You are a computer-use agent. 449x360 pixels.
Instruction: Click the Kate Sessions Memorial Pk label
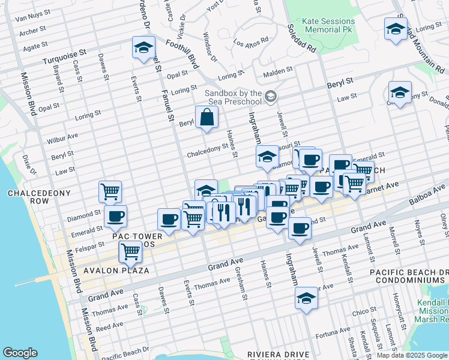coord(328,25)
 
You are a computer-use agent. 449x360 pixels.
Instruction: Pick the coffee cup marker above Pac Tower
coord(115,217)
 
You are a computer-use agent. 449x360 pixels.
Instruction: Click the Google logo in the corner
coord(20,353)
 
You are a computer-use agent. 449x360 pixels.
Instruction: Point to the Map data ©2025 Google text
coord(412,355)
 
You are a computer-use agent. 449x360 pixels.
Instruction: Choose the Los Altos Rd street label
coord(251,44)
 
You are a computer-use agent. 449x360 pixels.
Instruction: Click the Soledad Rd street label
coord(301,38)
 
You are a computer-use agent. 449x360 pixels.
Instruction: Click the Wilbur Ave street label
coord(62,139)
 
